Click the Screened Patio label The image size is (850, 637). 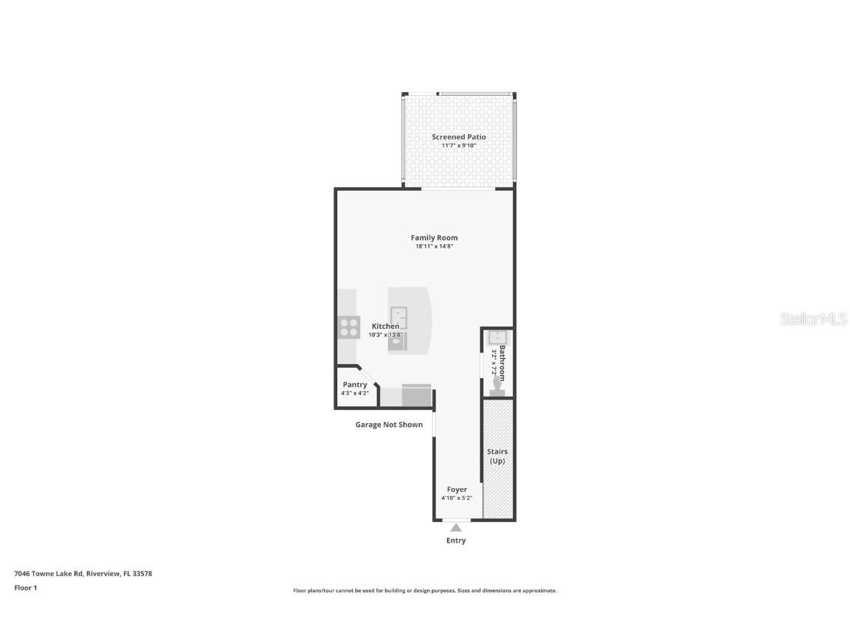pos(458,137)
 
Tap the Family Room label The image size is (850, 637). pos(434,237)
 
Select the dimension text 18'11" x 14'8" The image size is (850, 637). pos(434,246)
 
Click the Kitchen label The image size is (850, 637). pos(385,326)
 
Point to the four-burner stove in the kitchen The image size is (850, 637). pos(349,327)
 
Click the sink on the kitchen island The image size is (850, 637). pos(398,318)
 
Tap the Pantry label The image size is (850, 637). pos(355,385)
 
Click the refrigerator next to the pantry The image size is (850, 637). pos(417,396)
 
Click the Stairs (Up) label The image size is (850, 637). pos(497,456)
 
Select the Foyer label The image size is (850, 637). pos(457,490)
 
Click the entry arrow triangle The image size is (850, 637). pos(456,527)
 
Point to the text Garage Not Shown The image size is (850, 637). pos(389,425)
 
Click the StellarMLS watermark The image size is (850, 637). pos(814,319)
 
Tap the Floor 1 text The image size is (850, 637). pos(25,588)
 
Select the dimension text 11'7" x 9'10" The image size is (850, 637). pos(458,146)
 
